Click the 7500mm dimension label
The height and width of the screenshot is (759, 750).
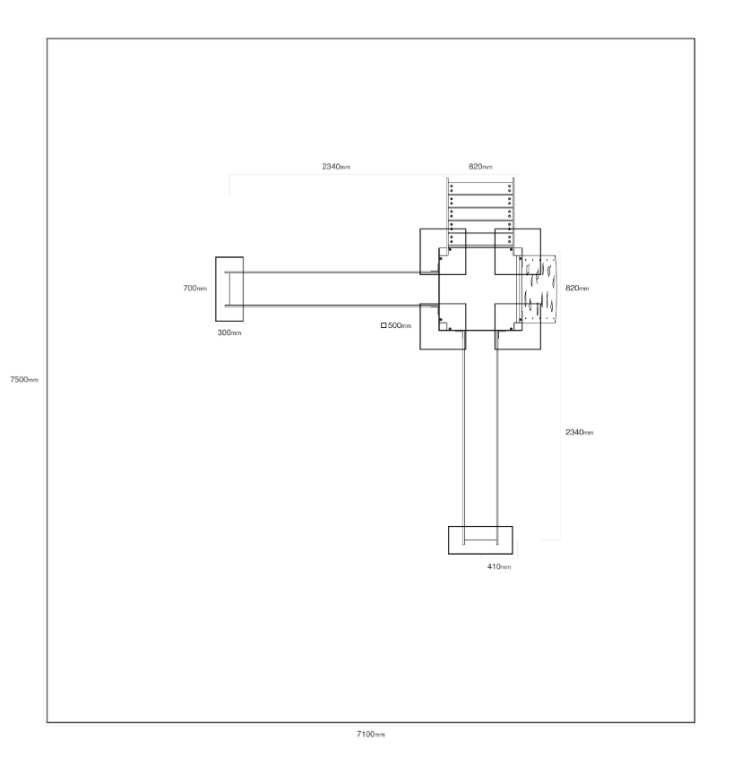tap(24, 380)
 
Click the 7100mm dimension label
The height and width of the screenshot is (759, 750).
tap(371, 734)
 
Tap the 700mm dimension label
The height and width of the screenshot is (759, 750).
tap(195, 288)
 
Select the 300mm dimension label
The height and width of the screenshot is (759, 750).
tap(229, 332)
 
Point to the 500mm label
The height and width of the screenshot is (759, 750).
tap(400, 325)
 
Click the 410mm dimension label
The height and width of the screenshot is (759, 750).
tap(499, 566)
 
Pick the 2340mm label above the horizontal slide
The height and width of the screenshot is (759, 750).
tap(337, 167)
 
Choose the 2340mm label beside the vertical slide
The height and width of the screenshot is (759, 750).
tap(580, 432)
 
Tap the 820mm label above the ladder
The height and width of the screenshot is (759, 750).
tap(481, 167)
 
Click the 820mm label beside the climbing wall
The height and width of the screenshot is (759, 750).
tap(578, 288)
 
